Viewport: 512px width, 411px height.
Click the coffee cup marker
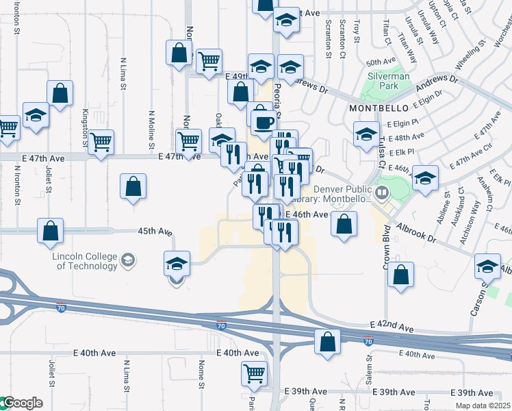pos(264,122)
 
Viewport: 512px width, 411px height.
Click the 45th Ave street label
pos(155,232)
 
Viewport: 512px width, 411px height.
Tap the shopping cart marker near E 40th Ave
pos(254,373)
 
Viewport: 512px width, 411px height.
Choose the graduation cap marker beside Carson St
pos(487,265)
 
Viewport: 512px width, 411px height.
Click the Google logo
pos(21,403)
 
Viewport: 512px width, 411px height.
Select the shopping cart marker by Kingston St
pos(101,142)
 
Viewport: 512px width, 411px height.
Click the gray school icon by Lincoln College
pos(127,260)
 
